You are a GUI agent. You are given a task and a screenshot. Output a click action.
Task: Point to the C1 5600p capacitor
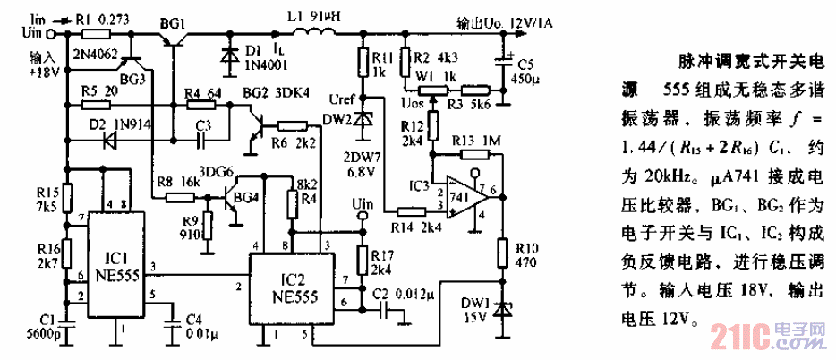(68, 315)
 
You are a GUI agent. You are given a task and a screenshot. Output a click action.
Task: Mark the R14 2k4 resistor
(413, 211)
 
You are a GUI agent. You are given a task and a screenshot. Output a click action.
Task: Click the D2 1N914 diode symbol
(112, 140)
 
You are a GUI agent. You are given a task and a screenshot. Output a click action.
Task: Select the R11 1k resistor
(363, 63)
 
